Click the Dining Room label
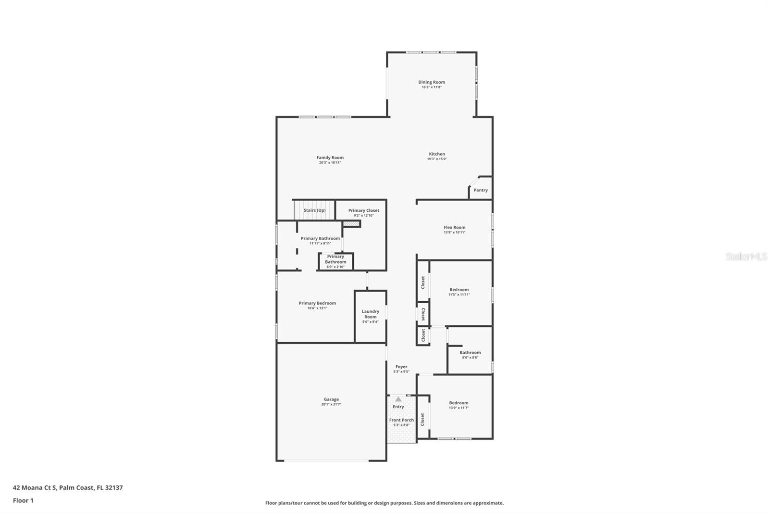[431, 82]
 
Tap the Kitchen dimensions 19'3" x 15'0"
[436, 159]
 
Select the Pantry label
[480, 190]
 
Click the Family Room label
[330, 158]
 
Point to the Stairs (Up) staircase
[314, 210]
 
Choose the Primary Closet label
[363, 210]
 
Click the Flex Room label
[454, 228]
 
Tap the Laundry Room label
[370, 314]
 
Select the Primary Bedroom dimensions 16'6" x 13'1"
[317, 308]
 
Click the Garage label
[331, 399]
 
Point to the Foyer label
[401, 367]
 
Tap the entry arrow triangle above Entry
[398, 399]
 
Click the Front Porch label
[401, 420]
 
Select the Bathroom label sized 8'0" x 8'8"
[470, 353]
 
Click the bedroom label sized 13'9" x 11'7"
[459, 403]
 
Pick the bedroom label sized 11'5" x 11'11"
[459, 290]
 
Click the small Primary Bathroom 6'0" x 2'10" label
[335, 259]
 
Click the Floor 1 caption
[23, 500]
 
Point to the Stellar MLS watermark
[746, 256]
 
